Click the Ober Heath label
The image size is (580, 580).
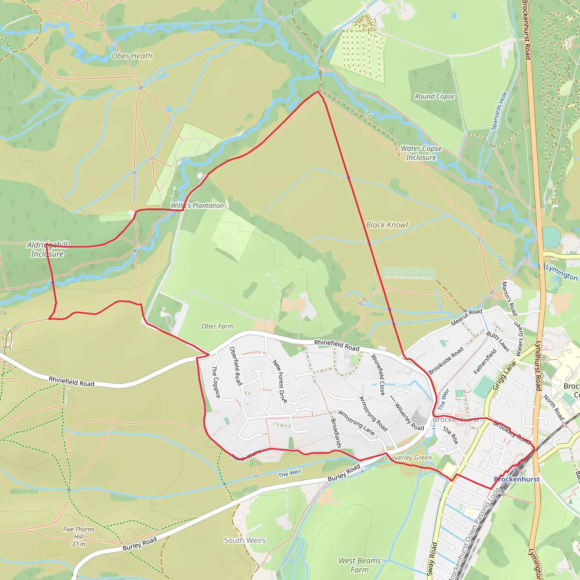(x=132, y=56)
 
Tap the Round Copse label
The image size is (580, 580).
(x=434, y=96)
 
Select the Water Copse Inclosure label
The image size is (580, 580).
(x=421, y=153)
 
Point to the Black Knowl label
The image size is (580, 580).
(x=387, y=225)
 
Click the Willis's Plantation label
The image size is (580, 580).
(x=197, y=206)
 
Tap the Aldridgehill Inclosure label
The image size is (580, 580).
(x=47, y=249)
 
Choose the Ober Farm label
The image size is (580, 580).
(x=217, y=326)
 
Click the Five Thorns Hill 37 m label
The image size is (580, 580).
(x=78, y=537)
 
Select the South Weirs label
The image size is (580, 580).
(x=245, y=540)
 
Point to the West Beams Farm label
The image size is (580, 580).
(x=360, y=565)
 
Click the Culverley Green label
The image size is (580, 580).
(x=409, y=458)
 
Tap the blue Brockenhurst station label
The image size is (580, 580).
(x=517, y=479)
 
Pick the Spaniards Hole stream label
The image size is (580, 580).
(x=499, y=111)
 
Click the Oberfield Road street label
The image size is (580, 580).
(x=236, y=366)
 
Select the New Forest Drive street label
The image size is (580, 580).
(x=280, y=381)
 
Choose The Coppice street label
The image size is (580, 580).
(x=216, y=382)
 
